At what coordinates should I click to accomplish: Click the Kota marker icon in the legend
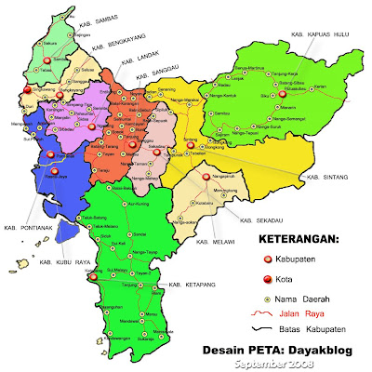click(265, 280)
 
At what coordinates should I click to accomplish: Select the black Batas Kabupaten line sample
click(263, 330)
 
